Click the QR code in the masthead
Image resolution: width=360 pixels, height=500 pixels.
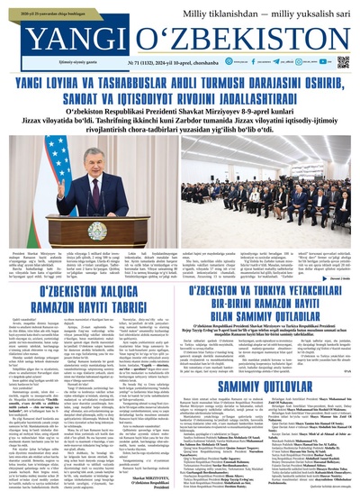click(343, 62)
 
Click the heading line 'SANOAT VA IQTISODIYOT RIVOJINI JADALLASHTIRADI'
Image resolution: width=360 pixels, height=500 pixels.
click(180, 96)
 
